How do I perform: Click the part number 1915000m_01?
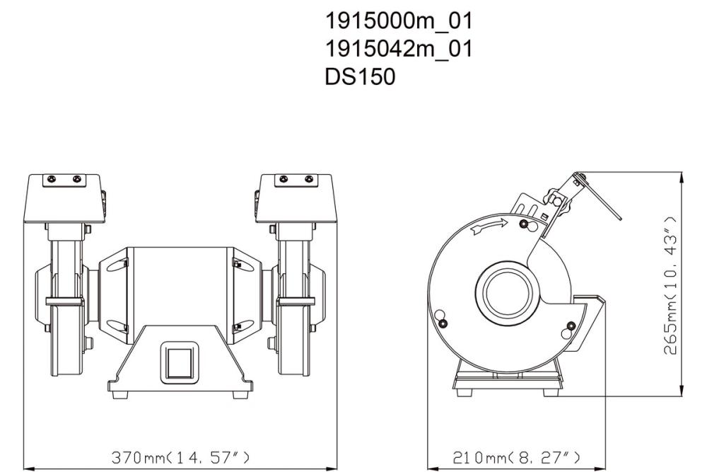398,22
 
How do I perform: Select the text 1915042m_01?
398,49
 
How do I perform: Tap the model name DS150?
359,76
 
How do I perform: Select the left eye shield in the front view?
64,197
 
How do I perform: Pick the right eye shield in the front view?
296,197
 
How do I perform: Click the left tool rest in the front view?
64,302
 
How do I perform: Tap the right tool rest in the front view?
296,302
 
